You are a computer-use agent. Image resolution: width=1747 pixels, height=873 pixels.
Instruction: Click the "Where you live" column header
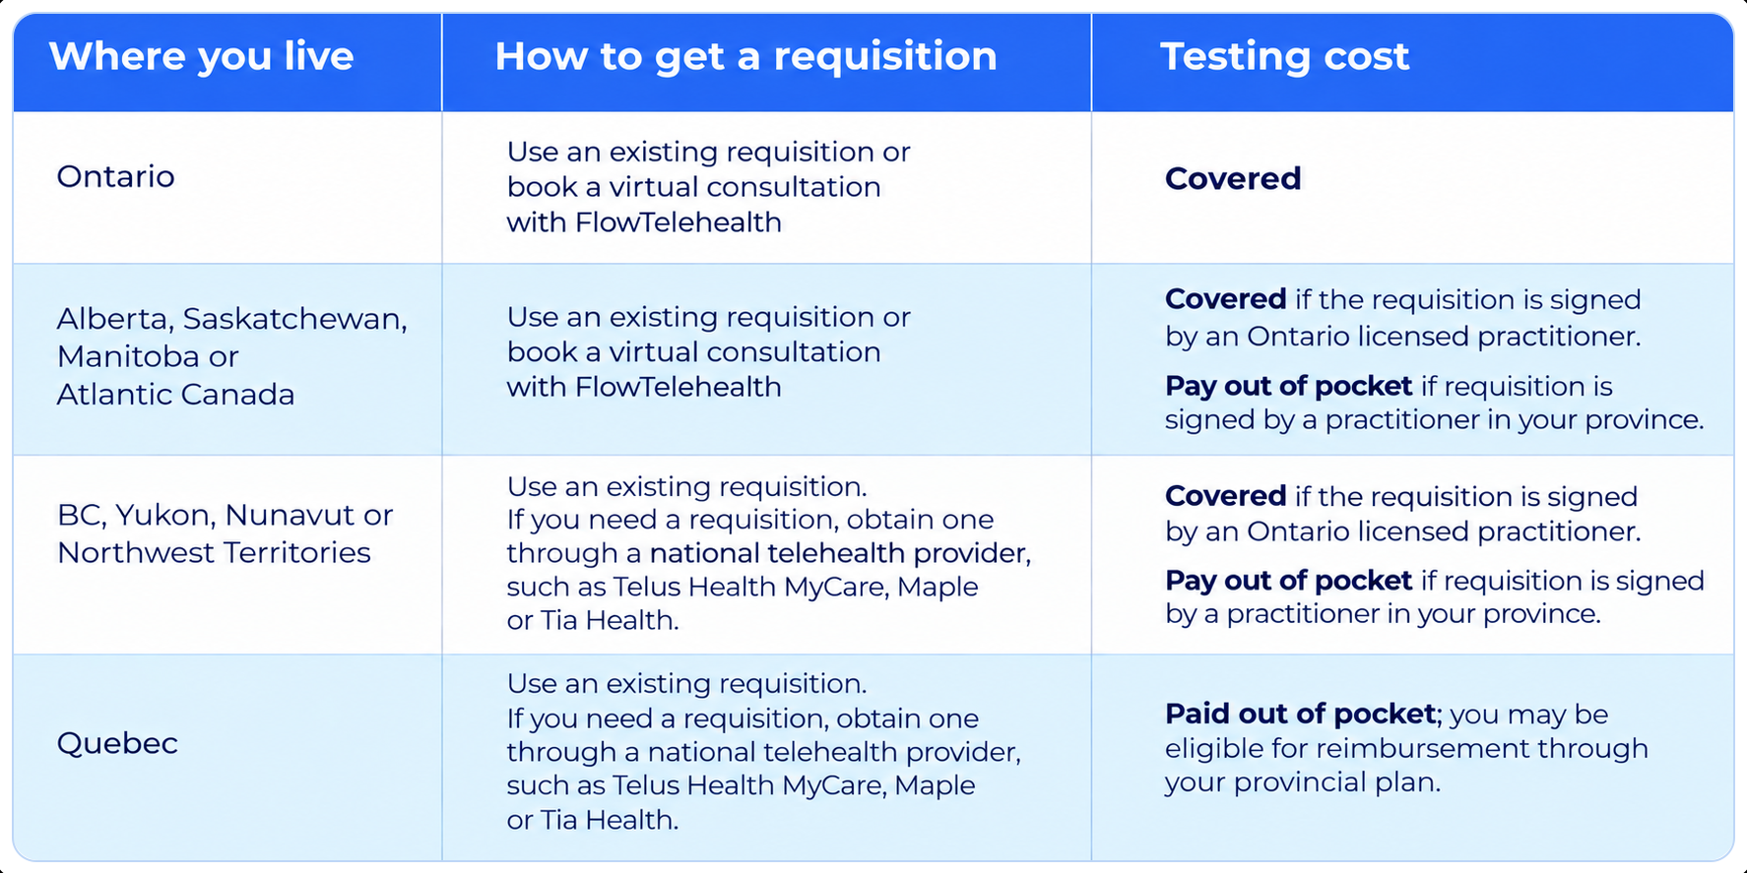click(x=201, y=57)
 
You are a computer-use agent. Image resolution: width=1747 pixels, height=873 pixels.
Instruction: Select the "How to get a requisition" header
click(x=745, y=57)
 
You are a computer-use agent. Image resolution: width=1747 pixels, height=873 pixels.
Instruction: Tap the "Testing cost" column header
click(x=1284, y=56)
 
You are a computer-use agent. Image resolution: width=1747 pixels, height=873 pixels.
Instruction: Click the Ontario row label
click(x=115, y=176)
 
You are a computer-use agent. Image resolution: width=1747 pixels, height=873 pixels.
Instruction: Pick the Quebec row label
click(x=117, y=742)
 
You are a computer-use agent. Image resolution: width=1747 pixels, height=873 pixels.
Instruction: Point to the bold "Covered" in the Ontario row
click(x=1233, y=178)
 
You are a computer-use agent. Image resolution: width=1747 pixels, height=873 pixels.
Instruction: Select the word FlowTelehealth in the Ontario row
click(x=679, y=222)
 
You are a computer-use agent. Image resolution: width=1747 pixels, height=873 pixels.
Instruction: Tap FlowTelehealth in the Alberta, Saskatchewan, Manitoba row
click(x=679, y=387)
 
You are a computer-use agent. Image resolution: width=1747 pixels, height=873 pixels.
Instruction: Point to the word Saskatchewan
click(x=293, y=319)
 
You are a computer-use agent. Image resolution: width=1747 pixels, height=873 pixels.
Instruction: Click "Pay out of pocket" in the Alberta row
click(x=1288, y=386)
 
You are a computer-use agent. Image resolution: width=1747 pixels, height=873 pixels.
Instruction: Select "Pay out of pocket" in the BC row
click(x=1288, y=581)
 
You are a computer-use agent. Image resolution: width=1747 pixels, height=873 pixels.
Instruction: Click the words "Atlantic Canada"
click(x=175, y=394)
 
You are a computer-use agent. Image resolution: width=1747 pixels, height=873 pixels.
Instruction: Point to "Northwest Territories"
click(x=214, y=552)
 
